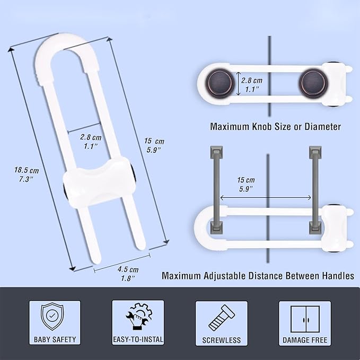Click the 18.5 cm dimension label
[27, 174]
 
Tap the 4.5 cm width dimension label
[128, 274]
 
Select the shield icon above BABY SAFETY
[52, 317]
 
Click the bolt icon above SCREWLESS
[221, 318]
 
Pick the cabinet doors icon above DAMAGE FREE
[305, 319]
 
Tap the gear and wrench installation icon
[138, 317]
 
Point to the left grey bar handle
[216, 190]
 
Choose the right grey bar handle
[315, 190]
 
